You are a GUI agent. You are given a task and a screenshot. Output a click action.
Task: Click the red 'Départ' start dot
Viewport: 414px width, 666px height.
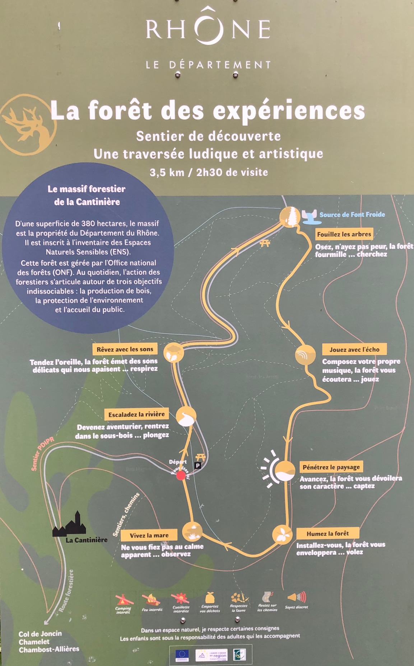181,476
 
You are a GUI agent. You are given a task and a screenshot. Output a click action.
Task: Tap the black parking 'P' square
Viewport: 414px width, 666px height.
197,466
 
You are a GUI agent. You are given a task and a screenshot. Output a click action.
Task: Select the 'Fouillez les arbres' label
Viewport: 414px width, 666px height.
344,234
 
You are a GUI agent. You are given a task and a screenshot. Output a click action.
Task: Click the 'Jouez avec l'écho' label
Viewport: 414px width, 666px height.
354,349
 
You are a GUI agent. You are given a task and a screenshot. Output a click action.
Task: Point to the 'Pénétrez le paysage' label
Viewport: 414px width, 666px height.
331,467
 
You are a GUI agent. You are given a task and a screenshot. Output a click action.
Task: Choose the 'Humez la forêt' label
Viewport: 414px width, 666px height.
327,533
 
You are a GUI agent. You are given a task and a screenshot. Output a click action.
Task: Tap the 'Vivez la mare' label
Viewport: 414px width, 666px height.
149,535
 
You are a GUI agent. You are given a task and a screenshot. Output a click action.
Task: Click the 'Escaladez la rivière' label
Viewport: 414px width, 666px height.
136,414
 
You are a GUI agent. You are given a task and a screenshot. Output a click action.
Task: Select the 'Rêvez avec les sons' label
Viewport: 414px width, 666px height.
125,349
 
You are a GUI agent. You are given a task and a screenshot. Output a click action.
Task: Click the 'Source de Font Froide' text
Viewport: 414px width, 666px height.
352,214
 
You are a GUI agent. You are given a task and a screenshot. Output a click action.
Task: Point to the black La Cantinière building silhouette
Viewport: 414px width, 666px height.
70,525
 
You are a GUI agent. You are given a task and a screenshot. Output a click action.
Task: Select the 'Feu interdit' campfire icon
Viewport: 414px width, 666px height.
152,599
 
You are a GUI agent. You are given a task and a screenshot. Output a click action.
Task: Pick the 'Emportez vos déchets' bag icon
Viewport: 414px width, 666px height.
210,598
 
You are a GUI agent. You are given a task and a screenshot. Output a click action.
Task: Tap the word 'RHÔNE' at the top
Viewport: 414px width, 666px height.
208,29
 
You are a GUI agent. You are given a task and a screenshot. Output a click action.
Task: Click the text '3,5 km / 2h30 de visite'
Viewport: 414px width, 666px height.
209,173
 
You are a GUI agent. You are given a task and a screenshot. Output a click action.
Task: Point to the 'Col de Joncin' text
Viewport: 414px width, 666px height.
40,634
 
